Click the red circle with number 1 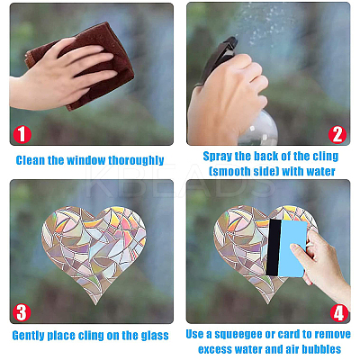click(22, 134)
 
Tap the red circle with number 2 click(337, 134)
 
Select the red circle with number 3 click(22, 312)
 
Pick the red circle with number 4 click(339, 312)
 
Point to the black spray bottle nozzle click(220, 57)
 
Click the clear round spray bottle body click(259, 129)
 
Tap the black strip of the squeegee click(274, 247)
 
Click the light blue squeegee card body click(292, 248)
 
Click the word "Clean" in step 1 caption click(30, 160)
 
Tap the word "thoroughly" click(136, 160)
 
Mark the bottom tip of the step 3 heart click(96, 305)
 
